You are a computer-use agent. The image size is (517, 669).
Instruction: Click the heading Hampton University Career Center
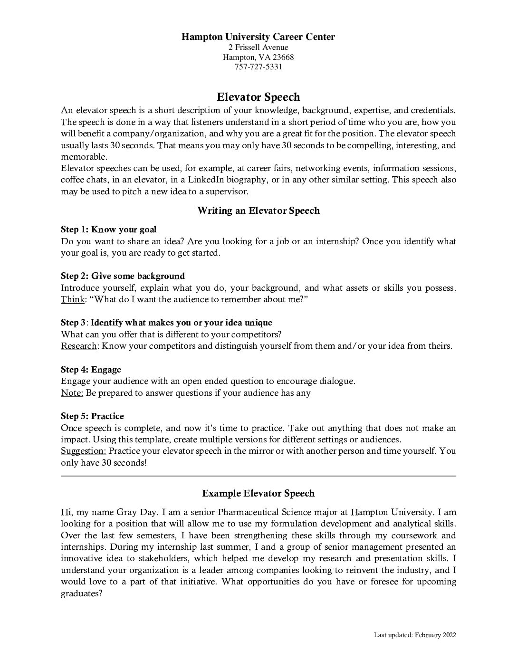coord(258,37)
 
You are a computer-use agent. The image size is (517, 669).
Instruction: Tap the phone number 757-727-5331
coord(258,67)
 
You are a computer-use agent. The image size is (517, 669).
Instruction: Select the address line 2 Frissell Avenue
coord(258,47)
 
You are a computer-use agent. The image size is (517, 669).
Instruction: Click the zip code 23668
coord(283,57)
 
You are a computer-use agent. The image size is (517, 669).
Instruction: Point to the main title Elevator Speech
coord(258,97)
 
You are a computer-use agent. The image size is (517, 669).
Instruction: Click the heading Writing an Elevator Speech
coord(258,210)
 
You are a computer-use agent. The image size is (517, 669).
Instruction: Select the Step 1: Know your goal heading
coord(108,229)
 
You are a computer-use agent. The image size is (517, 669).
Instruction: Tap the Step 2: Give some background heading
coord(123,276)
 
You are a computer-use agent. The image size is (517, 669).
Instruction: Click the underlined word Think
coord(72,299)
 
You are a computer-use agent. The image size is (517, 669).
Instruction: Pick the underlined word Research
coord(78,346)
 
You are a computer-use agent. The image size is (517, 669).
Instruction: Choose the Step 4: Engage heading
coord(91,370)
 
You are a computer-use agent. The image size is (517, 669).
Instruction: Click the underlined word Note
coord(72,393)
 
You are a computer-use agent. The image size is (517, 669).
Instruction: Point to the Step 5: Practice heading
coord(92,416)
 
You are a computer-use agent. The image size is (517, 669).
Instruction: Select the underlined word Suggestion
coord(83,451)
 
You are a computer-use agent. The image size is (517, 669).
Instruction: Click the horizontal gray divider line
coord(258,476)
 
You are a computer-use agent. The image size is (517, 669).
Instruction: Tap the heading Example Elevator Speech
coord(258,493)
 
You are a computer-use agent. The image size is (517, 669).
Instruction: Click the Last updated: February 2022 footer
coord(415,635)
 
